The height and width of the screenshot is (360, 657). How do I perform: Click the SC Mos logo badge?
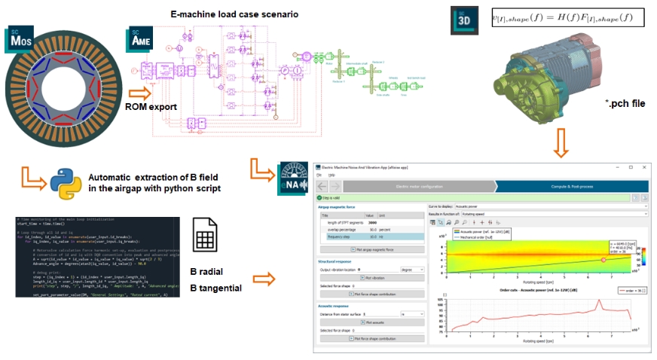coord(20,38)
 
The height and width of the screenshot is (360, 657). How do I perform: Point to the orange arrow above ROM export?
coord(139,93)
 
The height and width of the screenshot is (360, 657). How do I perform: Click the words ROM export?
coord(151,107)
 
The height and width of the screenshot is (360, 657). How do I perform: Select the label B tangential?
coord(216,288)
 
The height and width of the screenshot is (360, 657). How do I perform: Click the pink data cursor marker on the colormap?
coord(602,259)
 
